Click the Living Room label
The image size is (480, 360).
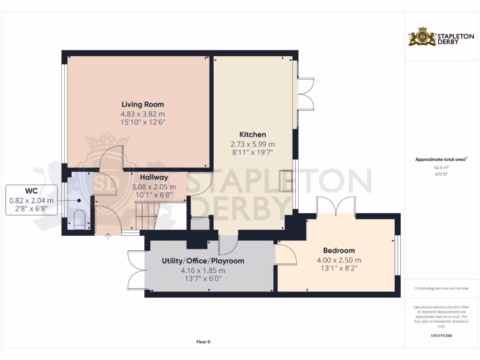tap(142, 104)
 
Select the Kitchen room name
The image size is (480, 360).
tap(253, 135)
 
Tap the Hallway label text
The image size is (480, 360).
tap(154, 177)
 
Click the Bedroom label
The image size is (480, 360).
tap(338, 250)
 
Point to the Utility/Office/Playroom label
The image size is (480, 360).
tap(203, 261)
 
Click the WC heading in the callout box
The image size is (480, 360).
tap(31, 191)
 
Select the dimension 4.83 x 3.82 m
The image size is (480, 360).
tap(142, 114)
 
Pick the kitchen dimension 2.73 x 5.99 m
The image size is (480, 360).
tap(253, 144)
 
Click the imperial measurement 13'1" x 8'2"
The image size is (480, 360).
tap(338, 269)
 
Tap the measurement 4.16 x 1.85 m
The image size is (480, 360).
tap(203, 270)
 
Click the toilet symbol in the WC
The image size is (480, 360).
tap(79, 219)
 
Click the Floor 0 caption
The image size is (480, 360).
tap(203, 342)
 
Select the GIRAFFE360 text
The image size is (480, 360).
tap(441, 336)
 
